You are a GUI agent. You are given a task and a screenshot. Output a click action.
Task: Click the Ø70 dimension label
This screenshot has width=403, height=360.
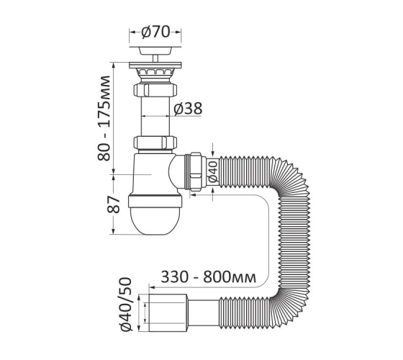coord(155,32)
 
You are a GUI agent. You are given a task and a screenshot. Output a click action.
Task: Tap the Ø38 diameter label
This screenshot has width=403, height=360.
coord(188,109)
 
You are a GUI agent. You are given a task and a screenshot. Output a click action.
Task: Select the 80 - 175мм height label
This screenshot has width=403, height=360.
coord(104,118)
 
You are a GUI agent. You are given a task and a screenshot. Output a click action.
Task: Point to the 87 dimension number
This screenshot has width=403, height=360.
coord(114,204)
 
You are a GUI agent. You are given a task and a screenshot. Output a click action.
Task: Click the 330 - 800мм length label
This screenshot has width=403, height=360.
coord(209,277)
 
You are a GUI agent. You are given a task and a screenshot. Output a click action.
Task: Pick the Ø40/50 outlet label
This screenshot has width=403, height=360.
coord(125,304)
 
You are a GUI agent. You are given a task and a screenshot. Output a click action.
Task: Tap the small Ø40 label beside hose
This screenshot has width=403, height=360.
coord(213,171)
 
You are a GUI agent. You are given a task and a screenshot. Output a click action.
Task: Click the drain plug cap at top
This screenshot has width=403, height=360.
coord(155,50)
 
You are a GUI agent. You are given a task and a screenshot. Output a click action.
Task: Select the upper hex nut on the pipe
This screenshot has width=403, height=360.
coord(155,90)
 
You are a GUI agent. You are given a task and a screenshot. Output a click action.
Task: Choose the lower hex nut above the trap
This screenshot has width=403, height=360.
coord(155,143)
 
